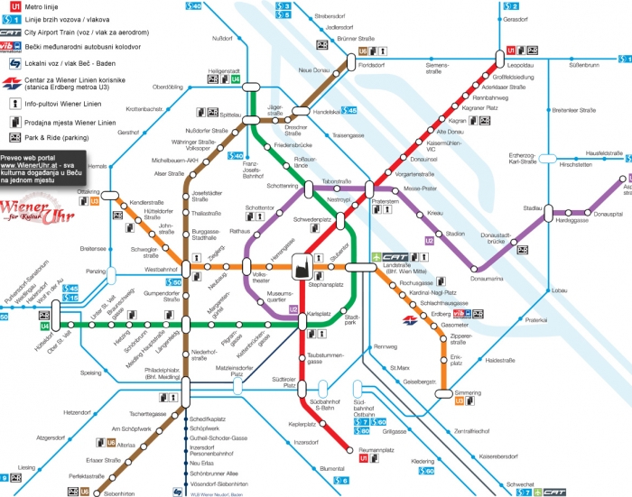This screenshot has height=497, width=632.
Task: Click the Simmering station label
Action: [469, 394]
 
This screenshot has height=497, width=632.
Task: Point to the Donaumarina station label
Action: [488, 279]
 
